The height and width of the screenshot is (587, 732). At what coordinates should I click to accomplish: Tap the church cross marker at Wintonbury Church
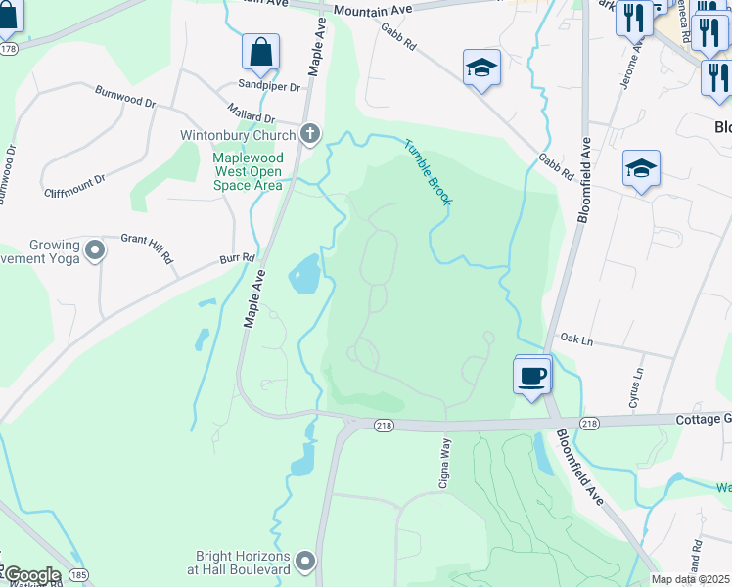pos(310,134)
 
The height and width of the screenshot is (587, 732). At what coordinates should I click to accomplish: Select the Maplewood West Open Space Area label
pos(248,170)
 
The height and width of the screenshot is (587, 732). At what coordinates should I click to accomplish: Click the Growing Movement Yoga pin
pos(95,251)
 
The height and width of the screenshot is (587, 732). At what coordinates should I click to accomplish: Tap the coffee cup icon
pos(532,375)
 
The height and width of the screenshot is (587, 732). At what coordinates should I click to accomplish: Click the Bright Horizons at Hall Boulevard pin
pos(306,561)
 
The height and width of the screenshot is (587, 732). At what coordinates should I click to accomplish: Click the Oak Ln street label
pos(577,339)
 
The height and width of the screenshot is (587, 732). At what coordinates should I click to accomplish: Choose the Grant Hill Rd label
pos(147,248)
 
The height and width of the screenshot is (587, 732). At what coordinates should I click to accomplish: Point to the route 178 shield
pos(9,48)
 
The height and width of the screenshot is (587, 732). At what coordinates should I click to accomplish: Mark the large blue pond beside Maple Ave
pos(304,274)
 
